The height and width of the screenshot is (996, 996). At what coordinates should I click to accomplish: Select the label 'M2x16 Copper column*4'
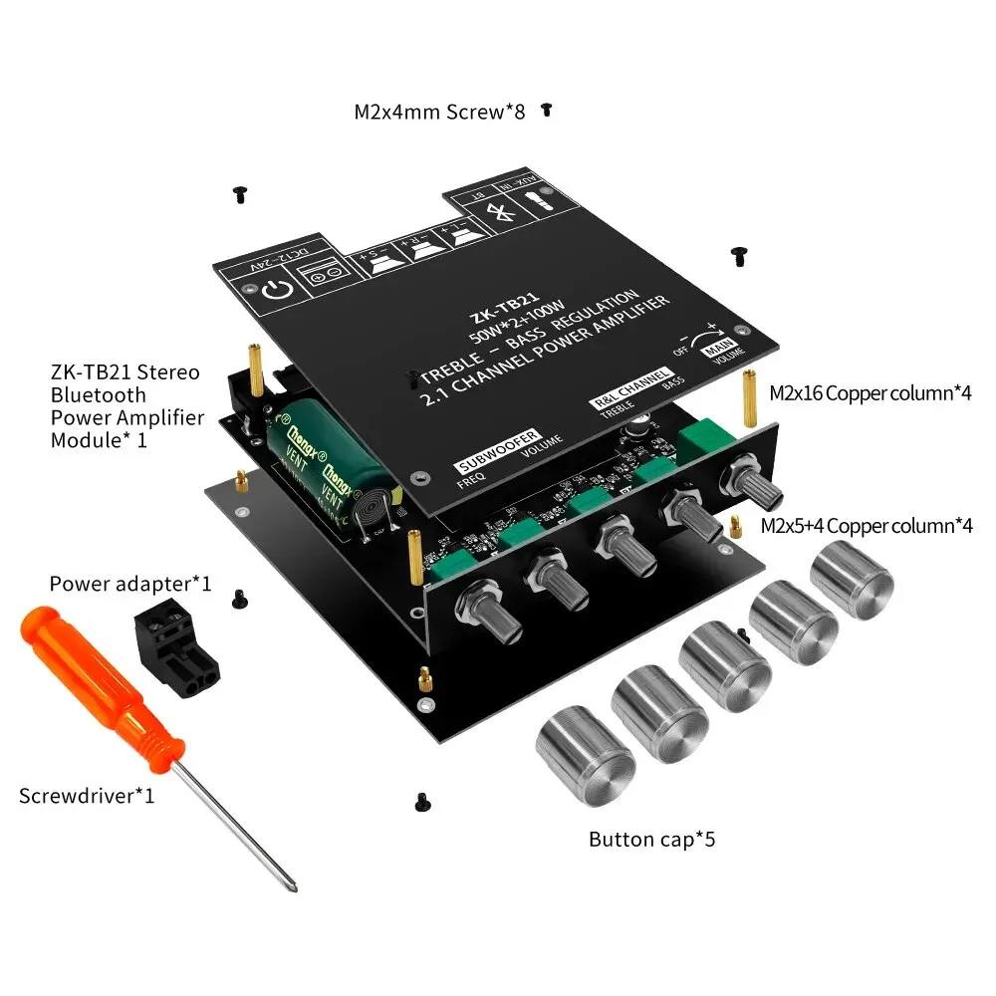click(871, 393)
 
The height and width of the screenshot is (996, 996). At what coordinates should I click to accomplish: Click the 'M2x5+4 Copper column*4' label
click(866, 526)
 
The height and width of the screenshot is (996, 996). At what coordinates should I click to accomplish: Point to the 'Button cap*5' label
click(651, 839)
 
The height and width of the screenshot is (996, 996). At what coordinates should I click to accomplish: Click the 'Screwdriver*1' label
click(88, 795)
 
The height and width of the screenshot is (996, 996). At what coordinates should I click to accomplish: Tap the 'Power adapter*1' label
click(129, 583)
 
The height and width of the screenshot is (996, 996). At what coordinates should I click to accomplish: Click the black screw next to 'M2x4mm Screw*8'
click(546, 111)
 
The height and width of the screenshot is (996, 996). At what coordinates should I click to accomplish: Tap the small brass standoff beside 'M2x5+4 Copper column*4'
click(735, 526)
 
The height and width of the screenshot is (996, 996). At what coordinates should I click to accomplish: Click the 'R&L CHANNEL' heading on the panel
click(624, 393)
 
